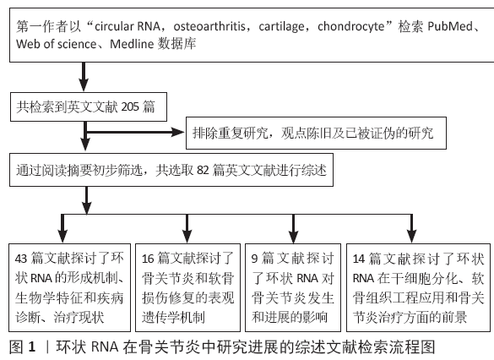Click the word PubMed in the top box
pos(450,26)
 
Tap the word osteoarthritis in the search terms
pos(209,26)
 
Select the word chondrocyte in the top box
pos(351,27)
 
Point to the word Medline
pos(132,44)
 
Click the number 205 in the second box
pos(130,106)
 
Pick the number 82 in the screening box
pos(203,170)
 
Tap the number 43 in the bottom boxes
pos(21,259)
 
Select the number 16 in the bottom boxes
pos(148,259)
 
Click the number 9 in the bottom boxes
pos(254,259)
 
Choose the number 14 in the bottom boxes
pos(359,259)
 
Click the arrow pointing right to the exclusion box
pos(135,132)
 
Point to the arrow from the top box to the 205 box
pos(84,77)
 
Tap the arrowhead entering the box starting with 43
pos(62,236)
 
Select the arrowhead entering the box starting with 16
pos(187,236)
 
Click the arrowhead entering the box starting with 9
pos(293,236)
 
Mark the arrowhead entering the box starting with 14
pos(412,236)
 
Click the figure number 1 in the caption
pos(32,347)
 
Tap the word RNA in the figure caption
pos(105,347)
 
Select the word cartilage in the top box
pos(281,27)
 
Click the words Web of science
pos(56,44)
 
